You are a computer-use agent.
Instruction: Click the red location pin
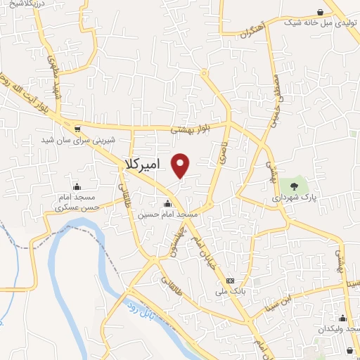pyautogui.click(x=181, y=165)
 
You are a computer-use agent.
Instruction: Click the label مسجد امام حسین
pyautogui.click(x=168, y=213)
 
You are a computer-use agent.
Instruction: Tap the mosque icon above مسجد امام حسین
pyautogui.click(x=167, y=203)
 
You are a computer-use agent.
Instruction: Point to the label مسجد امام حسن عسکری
pyautogui.click(x=77, y=203)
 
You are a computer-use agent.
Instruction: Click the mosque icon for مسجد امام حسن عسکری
pyautogui.click(x=77, y=187)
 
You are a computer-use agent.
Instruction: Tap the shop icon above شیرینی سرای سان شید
pyautogui.click(x=77, y=129)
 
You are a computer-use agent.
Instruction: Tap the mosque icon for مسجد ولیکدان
pyautogui.click(x=342, y=318)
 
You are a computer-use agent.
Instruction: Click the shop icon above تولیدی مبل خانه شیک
pyautogui.click(x=321, y=12)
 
